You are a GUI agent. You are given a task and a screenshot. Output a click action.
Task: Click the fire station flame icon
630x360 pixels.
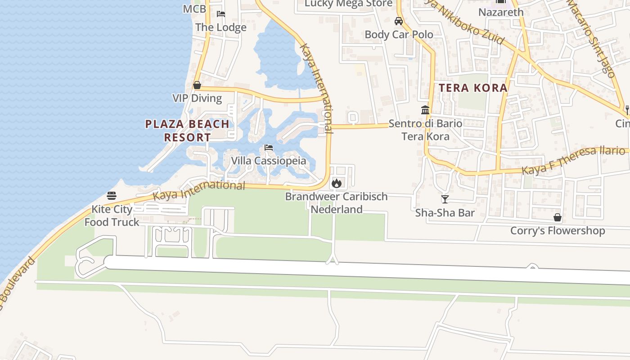(x=336, y=183)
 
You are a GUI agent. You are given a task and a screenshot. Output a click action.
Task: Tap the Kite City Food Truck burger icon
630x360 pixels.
(x=112, y=196)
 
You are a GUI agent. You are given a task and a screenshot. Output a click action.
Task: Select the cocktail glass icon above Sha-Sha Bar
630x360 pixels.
(x=445, y=199)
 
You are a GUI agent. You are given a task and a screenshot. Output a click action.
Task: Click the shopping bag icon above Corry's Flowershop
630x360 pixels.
(x=557, y=218)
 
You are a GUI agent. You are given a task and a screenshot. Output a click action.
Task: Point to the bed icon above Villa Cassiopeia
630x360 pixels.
(x=269, y=148)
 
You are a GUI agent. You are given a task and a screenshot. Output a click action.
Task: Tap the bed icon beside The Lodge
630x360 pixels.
(x=220, y=14)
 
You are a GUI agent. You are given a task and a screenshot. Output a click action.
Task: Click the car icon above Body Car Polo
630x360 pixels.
(x=398, y=21)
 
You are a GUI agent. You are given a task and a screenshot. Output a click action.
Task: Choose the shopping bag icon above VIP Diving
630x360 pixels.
(x=197, y=85)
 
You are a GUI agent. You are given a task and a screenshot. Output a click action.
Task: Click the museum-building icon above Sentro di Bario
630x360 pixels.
(x=425, y=110)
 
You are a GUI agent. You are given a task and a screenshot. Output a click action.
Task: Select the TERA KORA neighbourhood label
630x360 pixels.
(x=473, y=88)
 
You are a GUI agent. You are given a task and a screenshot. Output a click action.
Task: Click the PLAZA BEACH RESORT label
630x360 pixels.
(x=187, y=130)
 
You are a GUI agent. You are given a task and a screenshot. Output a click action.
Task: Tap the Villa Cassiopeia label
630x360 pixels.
(x=268, y=161)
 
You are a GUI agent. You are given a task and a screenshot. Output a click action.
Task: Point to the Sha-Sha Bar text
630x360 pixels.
(x=445, y=212)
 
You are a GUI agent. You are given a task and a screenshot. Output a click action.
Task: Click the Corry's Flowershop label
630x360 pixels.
(x=557, y=231)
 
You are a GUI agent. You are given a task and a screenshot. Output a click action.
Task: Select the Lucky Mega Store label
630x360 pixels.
(x=348, y=4)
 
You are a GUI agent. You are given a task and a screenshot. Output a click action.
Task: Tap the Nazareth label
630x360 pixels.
(x=501, y=12)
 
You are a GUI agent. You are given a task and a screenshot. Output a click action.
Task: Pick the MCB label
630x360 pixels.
(x=194, y=9)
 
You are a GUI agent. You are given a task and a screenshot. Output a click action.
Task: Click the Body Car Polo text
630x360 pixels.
(x=399, y=34)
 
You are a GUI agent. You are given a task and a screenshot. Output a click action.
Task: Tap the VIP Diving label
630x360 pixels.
(x=197, y=98)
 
